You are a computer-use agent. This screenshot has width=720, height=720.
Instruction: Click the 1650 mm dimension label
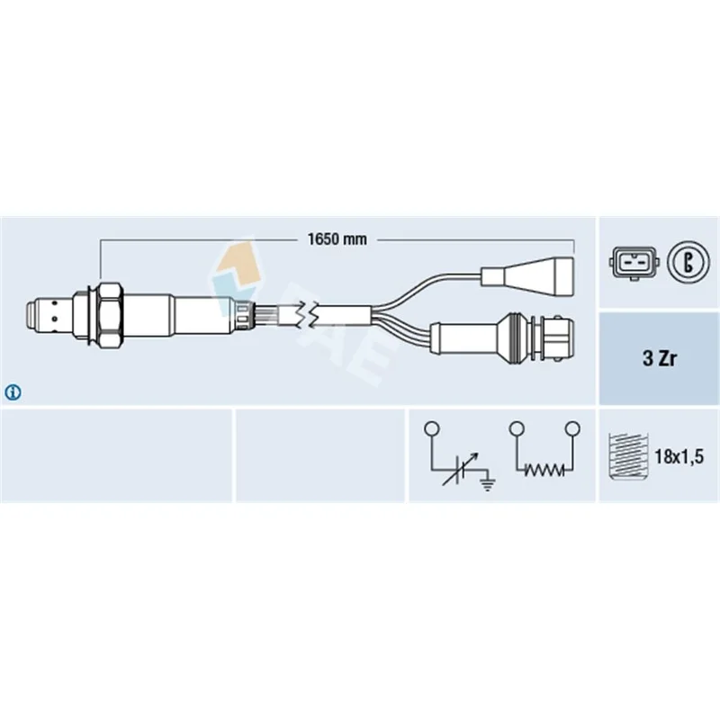coord(337,239)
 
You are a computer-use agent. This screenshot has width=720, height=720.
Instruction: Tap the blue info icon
coord(13,392)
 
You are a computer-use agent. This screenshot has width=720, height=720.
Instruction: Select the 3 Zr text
coord(660,358)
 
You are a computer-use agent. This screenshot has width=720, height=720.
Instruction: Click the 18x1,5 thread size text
coord(679,456)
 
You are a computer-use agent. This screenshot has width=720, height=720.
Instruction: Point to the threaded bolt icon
coord(627,456)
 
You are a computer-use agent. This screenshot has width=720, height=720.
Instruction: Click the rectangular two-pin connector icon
coord(633,263)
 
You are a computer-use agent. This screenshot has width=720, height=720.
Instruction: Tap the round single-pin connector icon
coord(688,263)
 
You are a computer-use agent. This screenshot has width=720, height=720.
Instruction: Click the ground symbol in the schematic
coord(488,483)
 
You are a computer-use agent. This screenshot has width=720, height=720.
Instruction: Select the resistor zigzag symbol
coord(544,469)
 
